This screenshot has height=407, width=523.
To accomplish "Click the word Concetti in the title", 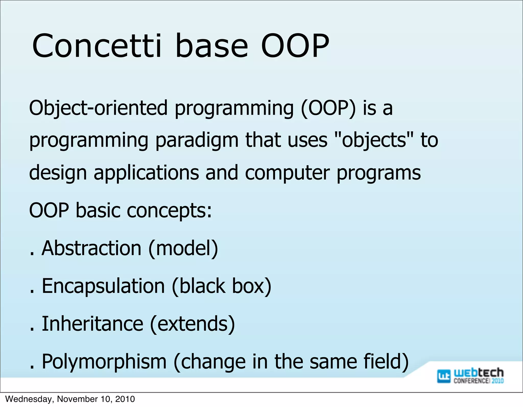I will [x=97, y=46].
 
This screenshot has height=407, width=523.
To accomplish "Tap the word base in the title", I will [x=211, y=46].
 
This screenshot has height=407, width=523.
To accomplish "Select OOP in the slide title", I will [x=295, y=46].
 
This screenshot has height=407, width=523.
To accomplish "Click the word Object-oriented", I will [x=98, y=108].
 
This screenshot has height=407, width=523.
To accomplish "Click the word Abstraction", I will [x=91, y=248].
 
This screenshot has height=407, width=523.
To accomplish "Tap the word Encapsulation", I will [x=103, y=286].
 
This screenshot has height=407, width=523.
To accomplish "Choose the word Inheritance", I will [x=92, y=324].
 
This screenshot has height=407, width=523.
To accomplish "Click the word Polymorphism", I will [x=104, y=362].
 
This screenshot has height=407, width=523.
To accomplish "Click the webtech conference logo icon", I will [x=444, y=376].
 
